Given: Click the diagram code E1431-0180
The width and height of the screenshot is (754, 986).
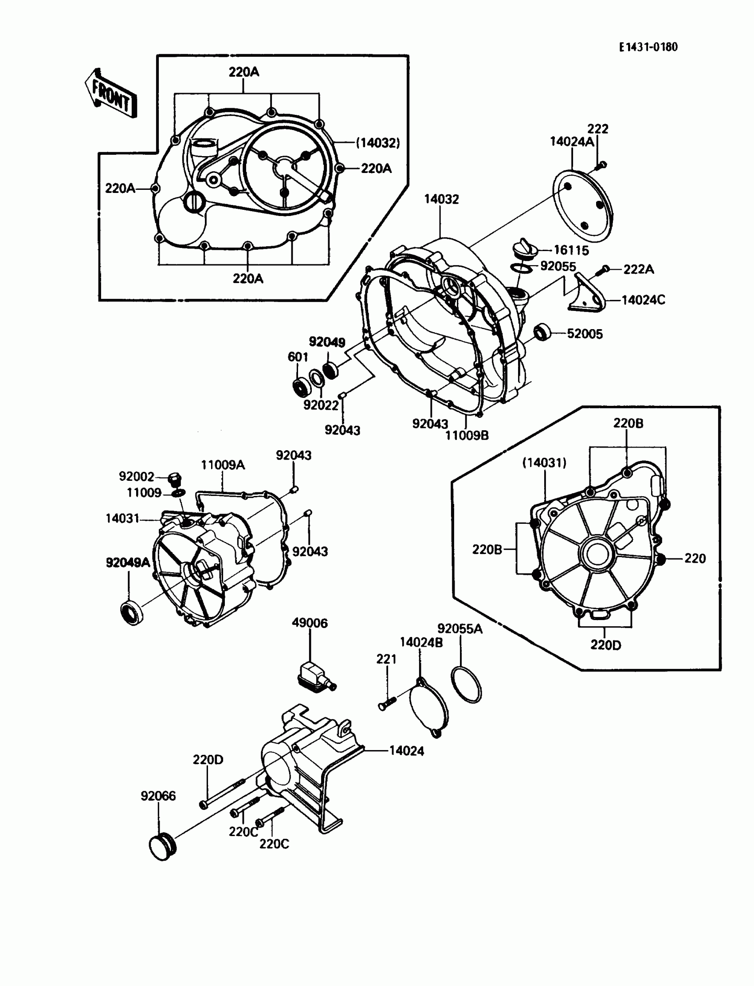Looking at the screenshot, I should click(x=648, y=47).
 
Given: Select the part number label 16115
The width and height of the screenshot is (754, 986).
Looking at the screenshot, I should click(x=571, y=251).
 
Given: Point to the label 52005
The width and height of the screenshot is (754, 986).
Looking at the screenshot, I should click(x=585, y=334).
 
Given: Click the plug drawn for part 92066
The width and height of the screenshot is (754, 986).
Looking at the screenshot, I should click(x=162, y=846).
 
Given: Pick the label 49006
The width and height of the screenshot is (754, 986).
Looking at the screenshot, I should click(x=310, y=623).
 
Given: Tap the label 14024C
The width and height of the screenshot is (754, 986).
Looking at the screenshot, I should click(x=643, y=300).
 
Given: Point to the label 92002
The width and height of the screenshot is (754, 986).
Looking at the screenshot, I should click(x=137, y=476).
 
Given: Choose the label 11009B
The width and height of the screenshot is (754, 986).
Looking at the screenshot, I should click(x=467, y=435).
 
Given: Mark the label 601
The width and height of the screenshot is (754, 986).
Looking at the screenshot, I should click(x=298, y=357).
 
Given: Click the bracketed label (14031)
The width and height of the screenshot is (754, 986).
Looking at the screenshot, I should click(x=544, y=462).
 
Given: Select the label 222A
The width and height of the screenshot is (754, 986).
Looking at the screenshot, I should click(x=638, y=269).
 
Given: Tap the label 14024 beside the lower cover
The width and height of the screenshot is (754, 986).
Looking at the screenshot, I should click(x=406, y=751).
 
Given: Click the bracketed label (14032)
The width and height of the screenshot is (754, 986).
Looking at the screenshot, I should click(x=378, y=143).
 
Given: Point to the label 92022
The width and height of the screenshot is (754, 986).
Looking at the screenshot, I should click(x=321, y=405).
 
